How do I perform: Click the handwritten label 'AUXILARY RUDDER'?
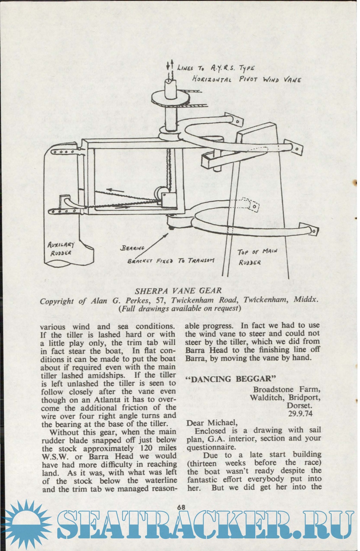61,249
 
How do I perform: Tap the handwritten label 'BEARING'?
133,248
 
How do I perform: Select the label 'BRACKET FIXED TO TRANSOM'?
171,261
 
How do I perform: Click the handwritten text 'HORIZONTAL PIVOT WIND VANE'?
247,79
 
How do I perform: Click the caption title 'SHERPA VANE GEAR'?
178,291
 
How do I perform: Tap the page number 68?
181,507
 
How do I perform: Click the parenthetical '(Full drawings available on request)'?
179,308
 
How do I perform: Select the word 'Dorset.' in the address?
299,406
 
